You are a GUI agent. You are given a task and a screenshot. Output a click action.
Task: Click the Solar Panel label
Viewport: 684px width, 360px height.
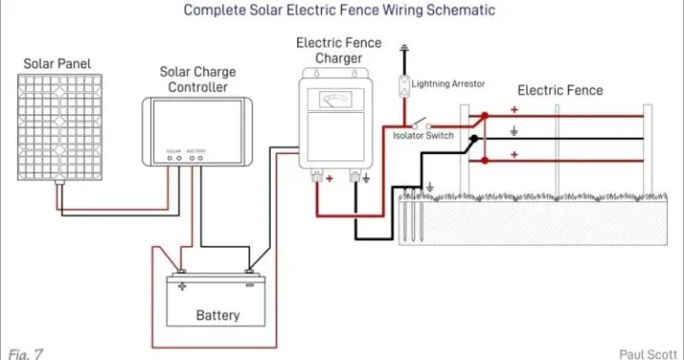60,63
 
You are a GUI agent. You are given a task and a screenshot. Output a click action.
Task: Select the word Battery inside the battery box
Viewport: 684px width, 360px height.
218,314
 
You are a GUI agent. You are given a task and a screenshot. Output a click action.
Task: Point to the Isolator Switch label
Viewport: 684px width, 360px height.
424,136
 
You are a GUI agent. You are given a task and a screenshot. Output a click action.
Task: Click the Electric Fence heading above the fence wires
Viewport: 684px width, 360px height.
560,90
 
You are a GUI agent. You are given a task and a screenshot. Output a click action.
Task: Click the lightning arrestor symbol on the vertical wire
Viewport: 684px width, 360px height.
404,84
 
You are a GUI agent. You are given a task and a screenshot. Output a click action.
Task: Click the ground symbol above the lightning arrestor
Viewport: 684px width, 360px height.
404,48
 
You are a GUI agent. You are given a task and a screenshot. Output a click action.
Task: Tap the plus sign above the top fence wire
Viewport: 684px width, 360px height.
514,110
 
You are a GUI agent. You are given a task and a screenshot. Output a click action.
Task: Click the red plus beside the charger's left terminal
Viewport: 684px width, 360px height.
330,178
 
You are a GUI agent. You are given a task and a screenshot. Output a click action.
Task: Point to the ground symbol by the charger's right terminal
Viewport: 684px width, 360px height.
367,178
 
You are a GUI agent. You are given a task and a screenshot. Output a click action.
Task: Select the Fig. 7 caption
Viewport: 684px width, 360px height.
25,352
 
